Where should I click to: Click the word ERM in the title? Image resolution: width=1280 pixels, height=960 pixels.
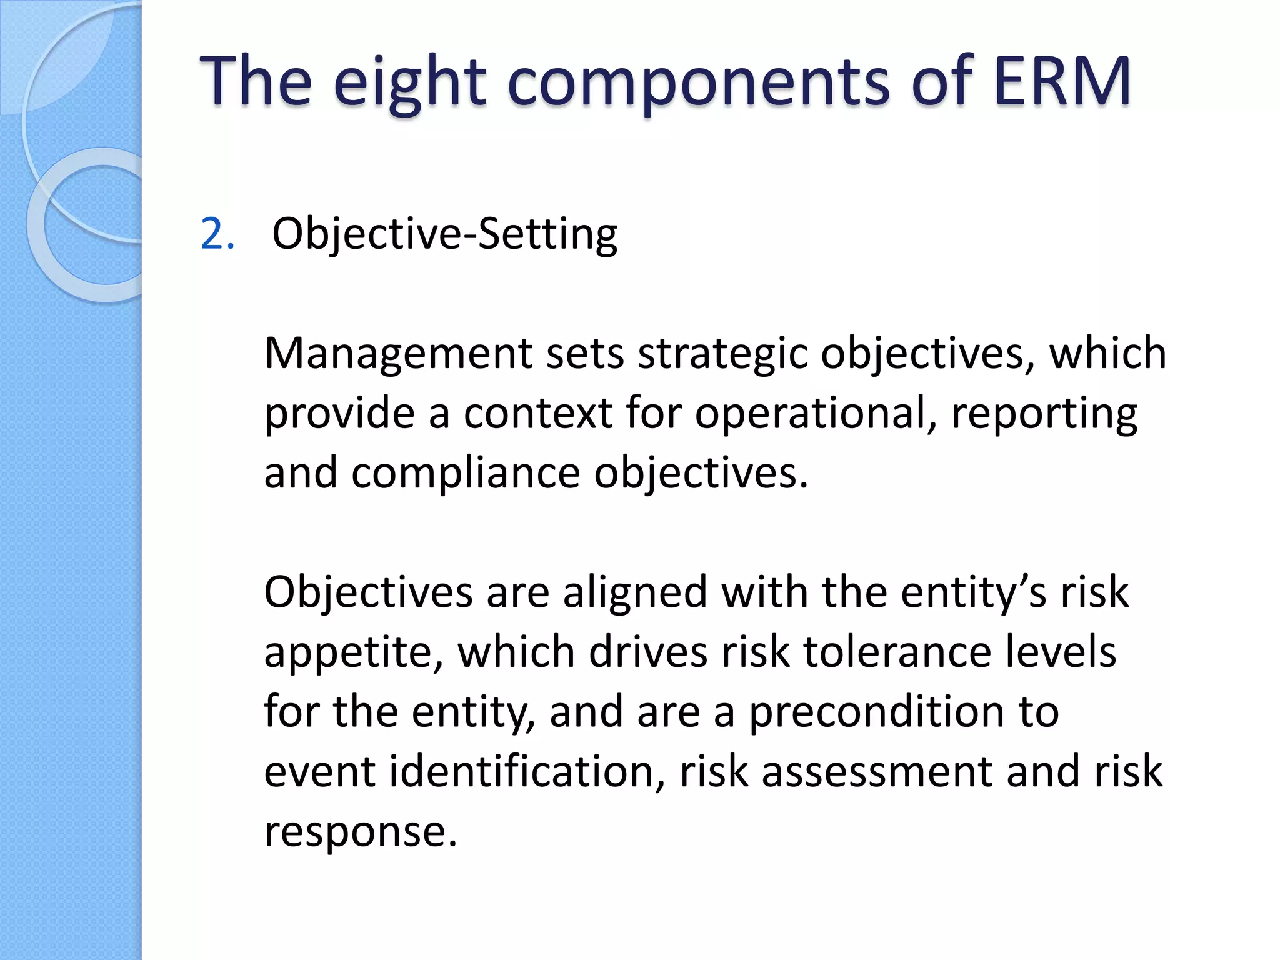1061,81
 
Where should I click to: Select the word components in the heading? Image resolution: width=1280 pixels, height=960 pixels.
697,84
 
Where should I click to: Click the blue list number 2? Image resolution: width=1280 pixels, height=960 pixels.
216,234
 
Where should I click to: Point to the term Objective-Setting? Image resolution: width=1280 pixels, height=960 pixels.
444,234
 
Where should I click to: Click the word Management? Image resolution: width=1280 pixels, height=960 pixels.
398,354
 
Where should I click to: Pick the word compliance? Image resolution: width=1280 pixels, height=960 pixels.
466,474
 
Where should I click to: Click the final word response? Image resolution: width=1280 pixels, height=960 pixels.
361,832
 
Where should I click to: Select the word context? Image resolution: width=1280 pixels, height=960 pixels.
537,414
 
